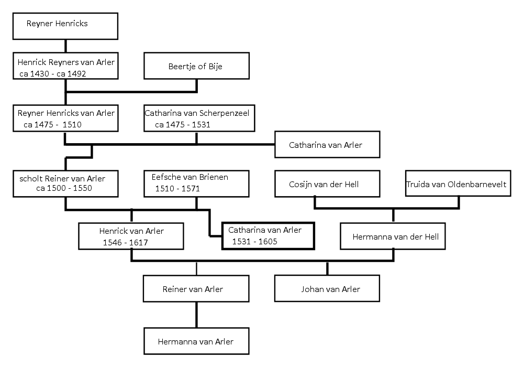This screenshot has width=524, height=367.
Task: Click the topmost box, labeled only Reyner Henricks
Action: pyautogui.click(x=65, y=26)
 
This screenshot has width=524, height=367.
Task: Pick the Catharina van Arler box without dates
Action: pyautogui.click(x=327, y=144)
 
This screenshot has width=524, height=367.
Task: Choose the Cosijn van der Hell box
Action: pyautogui.click(x=327, y=183)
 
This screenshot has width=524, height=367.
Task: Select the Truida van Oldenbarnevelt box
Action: pyautogui.click(x=458, y=183)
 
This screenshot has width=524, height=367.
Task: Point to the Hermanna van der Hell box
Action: pyautogui.click(x=393, y=236)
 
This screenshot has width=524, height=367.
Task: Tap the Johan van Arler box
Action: pyautogui.click(x=327, y=288)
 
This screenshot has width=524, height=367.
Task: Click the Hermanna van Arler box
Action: pyautogui.click(x=196, y=341)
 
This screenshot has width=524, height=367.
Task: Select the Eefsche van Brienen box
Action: pyautogui.click(x=196, y=183)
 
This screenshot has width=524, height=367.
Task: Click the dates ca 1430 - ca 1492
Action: pyautogui.click(x=52, y=74)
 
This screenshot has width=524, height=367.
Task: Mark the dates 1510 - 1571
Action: pyautogui.click(x=177, y=189)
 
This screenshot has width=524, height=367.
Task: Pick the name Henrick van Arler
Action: pyautogui.click(x=131, y=231)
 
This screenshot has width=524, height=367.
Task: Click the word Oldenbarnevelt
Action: pyautogui.click(x=476, y=184)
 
